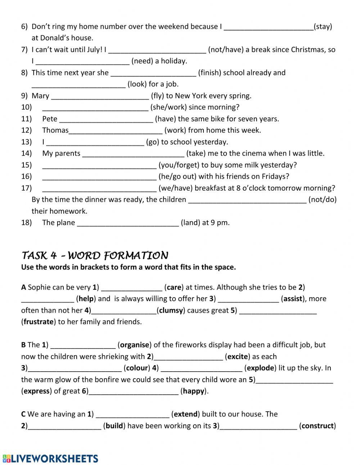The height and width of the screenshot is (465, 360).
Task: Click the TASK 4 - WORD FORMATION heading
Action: click(x=95, y=256)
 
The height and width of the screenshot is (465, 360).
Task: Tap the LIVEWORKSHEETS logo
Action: click(x=50, y=458)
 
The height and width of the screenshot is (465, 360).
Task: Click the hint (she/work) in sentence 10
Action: click(x=168, y=107)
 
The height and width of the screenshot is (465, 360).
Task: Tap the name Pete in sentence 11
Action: click(x=50, y=119)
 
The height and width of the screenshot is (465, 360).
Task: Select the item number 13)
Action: click(x=26, y=142)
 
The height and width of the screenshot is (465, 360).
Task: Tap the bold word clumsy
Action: click(x=171, y=310)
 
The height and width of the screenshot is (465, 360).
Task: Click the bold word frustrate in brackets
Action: click(x=39, y=322)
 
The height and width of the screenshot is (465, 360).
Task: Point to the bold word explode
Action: click(x=260, y=368)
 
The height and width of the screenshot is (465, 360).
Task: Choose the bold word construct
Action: click(x=318, y=426)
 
